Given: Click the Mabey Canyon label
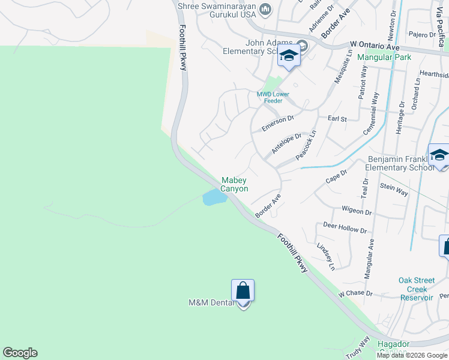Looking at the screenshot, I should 234,184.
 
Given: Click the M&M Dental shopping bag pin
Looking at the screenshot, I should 243,291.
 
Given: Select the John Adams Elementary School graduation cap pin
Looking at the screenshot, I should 289,56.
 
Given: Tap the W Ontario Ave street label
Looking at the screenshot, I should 375,46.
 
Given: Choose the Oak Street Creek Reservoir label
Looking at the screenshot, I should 416,289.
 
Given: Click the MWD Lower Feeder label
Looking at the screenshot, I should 273,97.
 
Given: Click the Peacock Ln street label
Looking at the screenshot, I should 306,146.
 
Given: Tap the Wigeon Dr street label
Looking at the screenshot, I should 357,212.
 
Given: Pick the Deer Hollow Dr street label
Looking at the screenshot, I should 345,227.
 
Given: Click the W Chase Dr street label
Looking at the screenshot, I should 355,294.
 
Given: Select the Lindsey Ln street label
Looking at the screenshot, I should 325,256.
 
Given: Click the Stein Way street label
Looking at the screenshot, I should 394,190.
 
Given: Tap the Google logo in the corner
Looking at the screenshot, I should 20,353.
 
